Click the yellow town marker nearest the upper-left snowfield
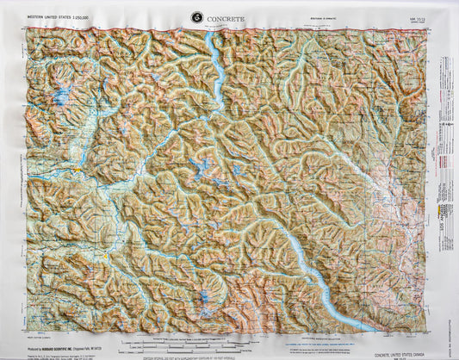(78, 170)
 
